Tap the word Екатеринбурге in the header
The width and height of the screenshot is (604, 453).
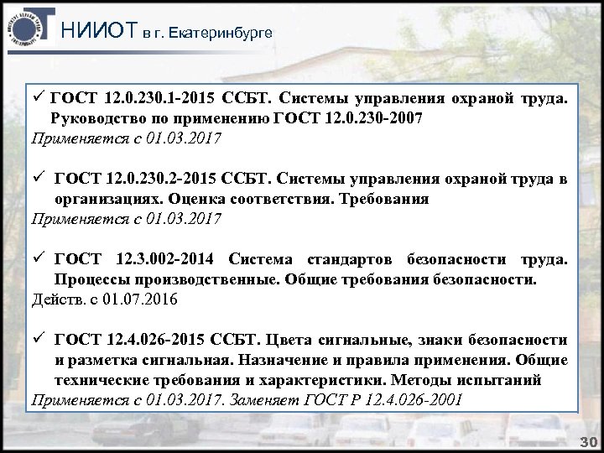(221, 33)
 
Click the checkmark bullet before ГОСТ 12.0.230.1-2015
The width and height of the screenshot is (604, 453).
(38, 100)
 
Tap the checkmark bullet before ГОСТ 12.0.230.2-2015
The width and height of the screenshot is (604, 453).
(38, 180)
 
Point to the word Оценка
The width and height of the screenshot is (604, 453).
(190, 200)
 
